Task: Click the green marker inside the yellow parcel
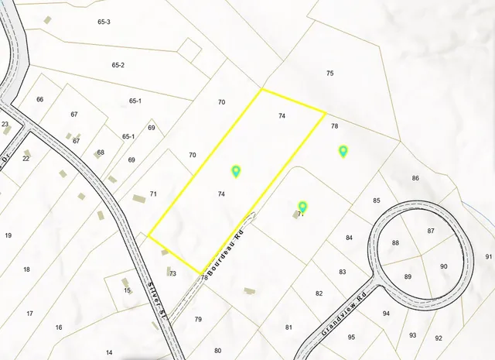click(236, 171)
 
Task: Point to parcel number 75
click(330, 73)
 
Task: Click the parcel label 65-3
click(104, 22)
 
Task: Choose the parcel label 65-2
click(118, 65)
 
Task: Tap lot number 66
click(40, 99)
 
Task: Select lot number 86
click(415, 178)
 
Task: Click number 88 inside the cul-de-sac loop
click(396, 243)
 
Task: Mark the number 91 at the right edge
click(488, 256)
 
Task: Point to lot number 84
click(349, 237)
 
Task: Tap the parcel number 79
click(198, 319)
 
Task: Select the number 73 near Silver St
click(173, 273)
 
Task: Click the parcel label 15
click(128, 290)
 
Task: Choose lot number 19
click(9, 235)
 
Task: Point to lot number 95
click(351, 337)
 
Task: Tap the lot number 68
click(101, 153)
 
